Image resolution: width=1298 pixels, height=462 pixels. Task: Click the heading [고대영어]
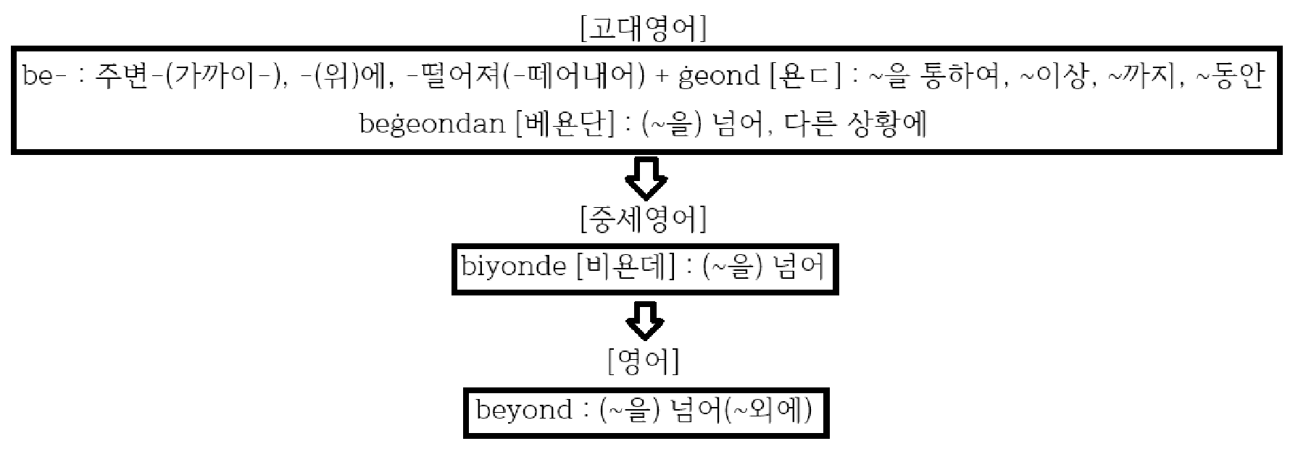point(644,30)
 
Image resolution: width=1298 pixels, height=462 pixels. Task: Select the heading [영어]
point(644,361)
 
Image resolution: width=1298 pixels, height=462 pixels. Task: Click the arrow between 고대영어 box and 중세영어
point(646,178)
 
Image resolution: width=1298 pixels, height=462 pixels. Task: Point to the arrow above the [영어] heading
point(646,321)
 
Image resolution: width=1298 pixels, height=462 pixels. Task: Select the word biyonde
point(513,268)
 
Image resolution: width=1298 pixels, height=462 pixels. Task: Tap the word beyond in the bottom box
point(523,411)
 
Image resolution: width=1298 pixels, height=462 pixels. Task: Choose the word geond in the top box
point(719,76)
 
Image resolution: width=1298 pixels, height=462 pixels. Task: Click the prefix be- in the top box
point(39,76)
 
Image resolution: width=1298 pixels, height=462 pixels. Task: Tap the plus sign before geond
point(662,77)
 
